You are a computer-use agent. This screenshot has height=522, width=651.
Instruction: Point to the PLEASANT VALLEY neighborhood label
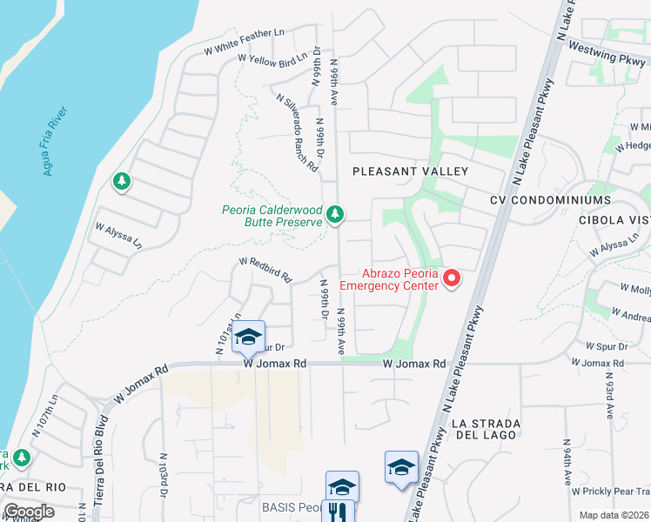(x=410, y=171)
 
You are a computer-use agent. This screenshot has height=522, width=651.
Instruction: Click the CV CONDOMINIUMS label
(x=550, y=199)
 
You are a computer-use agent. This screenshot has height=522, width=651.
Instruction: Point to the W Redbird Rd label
(x=265, y=268)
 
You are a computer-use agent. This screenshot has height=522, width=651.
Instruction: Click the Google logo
(x=29, y=512)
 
